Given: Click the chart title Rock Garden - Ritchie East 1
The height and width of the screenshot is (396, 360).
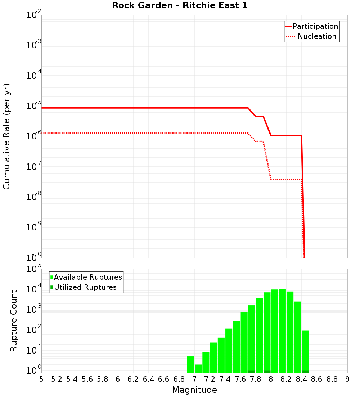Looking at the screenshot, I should [x=180, y=6].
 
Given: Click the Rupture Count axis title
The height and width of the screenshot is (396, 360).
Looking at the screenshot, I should [x=14, y=321].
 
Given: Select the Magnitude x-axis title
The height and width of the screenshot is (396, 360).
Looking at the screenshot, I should [x=194, y=390].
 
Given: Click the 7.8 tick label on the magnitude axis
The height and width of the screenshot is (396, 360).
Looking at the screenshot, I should [x=256, y=379].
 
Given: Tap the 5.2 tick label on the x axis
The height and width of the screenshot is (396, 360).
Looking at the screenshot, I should [x=57, y=379].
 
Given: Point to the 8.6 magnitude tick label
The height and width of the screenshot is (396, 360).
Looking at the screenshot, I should [x=317, y=379].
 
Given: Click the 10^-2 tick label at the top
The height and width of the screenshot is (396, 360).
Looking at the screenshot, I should [x=34, y=15].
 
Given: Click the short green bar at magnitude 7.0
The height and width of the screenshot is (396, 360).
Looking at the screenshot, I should [x=198, y=369].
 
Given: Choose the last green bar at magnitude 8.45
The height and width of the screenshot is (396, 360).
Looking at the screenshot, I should [x=305, y=351].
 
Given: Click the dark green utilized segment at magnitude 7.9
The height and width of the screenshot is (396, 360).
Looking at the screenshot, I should [x=267, y=372].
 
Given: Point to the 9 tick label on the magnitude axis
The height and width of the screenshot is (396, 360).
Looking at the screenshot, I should [x=347, y=379].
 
